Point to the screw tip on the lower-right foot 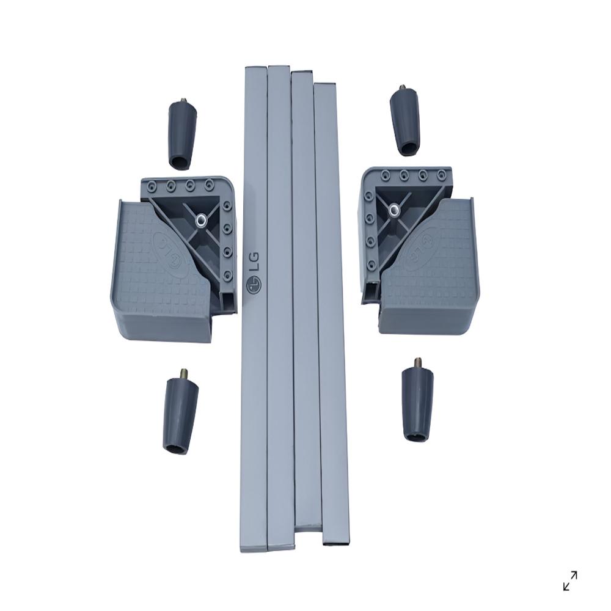point(418,362)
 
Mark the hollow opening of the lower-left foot point(177,450)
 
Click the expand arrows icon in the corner point(569,580)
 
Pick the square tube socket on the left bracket point(228,301)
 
